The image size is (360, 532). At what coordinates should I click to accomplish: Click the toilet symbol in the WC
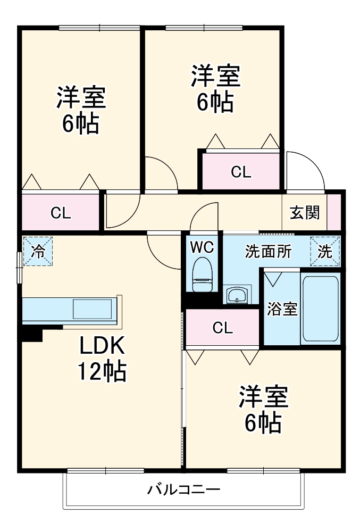pos(202,273)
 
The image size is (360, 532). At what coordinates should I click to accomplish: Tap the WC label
pos(202,247)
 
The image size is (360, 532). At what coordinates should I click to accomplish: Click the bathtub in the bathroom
pos(320,310)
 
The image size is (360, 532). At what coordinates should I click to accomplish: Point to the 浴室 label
pos(282,310)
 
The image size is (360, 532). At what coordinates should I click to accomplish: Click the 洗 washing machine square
pos(324,251)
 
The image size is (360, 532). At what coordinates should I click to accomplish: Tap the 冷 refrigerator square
pos(37,251)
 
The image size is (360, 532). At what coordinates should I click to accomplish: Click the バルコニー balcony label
pos(184,489)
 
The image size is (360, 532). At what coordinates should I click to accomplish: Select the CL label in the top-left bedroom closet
pos(61,213)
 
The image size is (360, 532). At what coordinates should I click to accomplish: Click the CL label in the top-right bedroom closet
pos(240,172)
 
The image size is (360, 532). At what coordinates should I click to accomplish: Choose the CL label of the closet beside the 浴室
pos(222,328)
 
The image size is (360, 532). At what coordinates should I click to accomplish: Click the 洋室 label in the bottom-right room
pos(263,396)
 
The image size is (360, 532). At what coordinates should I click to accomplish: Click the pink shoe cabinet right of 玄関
pos(333,212)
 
